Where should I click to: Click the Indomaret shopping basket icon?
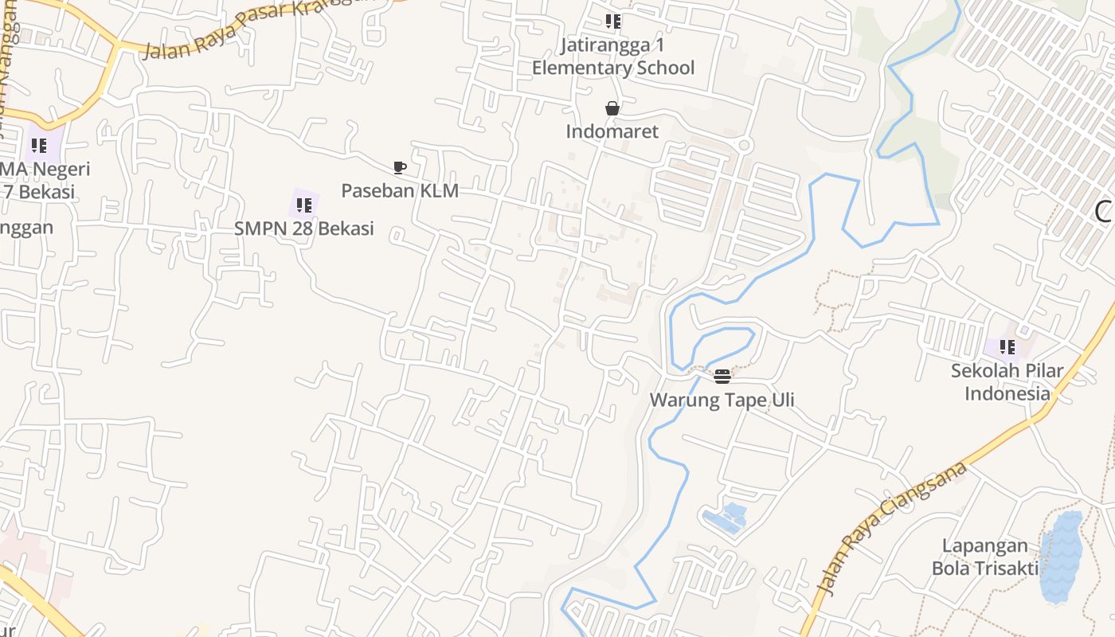(x=612, y=108)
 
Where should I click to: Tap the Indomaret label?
(x=612, y=131)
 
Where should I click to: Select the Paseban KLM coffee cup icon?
(x=400, y=167)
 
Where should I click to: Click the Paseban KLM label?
(x=400, y=191)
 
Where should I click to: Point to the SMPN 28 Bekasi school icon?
(x=303, y=205)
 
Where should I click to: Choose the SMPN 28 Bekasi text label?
(x=303, y=229)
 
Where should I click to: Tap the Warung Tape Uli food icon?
(x=722, y=376)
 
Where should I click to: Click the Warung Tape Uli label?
(x=722, y=400)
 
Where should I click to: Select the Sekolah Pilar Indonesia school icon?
(x=1007, y=347)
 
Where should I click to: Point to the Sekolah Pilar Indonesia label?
(x=1007, y=382)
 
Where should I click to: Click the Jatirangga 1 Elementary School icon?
(x=612, y=21)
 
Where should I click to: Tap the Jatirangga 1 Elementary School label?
(x=613, y=57)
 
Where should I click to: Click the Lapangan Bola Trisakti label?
(x=985, y=557)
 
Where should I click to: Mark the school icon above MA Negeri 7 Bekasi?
(x=39, y=146)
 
